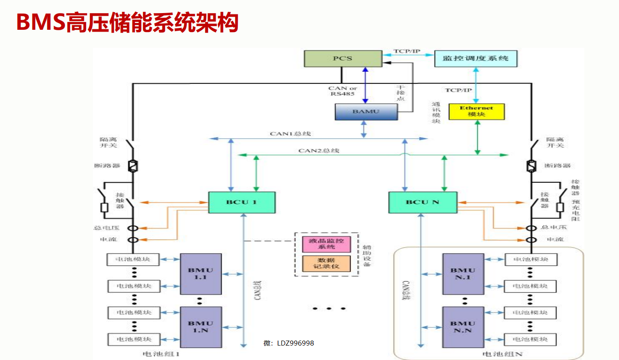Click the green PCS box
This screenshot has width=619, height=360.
(342, 59)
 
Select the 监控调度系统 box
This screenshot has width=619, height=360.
(476, 59)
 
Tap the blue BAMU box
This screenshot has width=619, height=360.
(366, 111)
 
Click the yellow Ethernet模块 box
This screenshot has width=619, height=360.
(476, 111)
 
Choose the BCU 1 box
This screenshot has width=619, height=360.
(241, 202)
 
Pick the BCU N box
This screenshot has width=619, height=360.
(422, 202)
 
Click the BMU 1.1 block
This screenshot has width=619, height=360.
(201, 274)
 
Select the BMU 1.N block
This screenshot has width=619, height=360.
(201, 327)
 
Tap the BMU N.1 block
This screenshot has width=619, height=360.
(462, 274)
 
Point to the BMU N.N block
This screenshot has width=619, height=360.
(462, 327)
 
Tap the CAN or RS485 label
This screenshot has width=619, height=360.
(342, 91)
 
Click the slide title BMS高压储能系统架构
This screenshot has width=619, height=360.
(127, 23)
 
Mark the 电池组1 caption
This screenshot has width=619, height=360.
(161, 354)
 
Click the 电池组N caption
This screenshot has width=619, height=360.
(502, 354)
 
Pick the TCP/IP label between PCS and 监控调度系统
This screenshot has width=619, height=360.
(407, 51)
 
